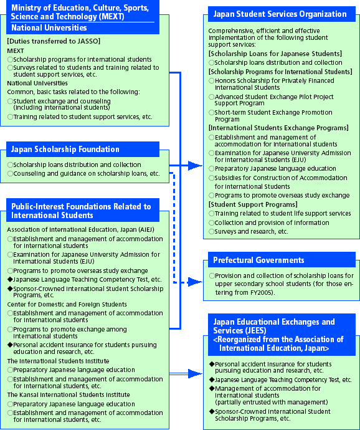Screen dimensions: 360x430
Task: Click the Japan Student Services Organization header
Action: (280, 14)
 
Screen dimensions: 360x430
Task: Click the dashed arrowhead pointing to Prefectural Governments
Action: (195, 282)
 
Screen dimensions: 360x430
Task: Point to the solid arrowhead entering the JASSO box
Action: (195, 165)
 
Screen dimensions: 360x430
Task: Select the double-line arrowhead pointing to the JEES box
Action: (195, 373)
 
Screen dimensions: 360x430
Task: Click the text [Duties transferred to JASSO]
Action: (54, 41)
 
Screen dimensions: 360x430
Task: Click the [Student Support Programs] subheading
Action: (253, 204)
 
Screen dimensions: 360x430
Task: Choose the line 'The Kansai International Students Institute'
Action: (69, 394)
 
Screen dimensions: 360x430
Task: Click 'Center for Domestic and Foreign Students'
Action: (67, 304)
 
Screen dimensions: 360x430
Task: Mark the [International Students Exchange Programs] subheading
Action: (278, 128)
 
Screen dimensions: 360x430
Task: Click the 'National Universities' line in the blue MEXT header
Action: (49, 27)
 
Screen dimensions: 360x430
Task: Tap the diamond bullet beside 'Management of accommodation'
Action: (212, 389)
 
